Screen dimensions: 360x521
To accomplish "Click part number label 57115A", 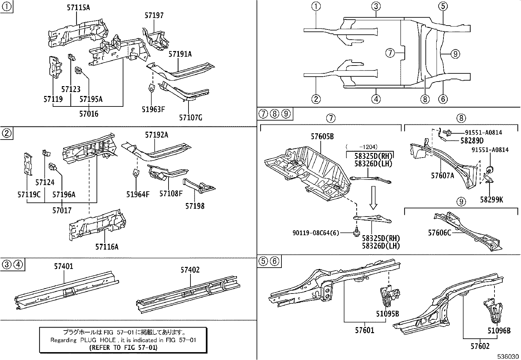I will click(78, 7).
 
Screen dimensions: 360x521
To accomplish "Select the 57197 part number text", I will click(154, 15).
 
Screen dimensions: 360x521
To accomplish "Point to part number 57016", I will click(88, 114).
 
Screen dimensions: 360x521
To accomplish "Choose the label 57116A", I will click(107, 247).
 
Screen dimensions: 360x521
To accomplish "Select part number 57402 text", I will click(190, 270).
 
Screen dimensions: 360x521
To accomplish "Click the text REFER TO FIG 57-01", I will click(123, 348).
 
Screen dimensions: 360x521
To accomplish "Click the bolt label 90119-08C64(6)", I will click(316, 233).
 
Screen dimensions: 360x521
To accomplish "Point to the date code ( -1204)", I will click(361, 147).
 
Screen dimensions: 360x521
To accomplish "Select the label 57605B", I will click(322, 137).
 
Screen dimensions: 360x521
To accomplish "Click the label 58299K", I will click(492, 199).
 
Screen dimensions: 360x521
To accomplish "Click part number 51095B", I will click(387, 313).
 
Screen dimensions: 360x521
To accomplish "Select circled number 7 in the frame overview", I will click(390, 53).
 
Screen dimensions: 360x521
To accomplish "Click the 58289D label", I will click(472, 141).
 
